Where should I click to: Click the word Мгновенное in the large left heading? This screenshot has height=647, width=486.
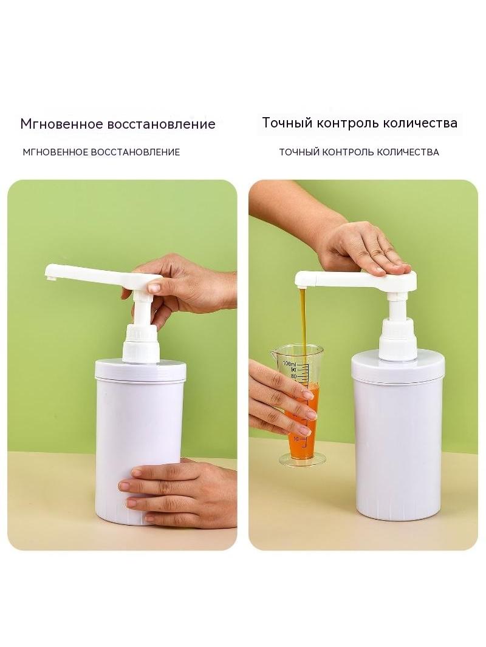[x=61, y=124]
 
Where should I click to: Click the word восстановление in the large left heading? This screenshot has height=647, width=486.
[x=162, y=124]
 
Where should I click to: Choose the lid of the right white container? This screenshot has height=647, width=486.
[x=398, y=367]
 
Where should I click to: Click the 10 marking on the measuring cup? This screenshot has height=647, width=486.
[x=296, y=439]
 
